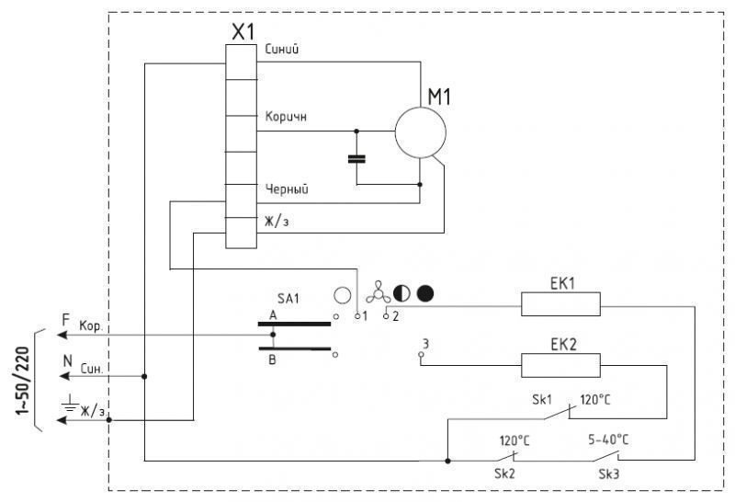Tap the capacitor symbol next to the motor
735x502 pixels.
(356, 159)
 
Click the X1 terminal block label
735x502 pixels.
(243, 32)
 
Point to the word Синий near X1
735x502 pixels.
(282, 49)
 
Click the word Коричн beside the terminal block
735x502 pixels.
(286, 117)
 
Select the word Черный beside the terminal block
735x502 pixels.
(287, 189)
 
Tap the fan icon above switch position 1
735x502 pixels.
(378, 292)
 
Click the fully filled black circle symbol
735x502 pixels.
(425, 293)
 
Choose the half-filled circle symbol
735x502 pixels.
(401, 293)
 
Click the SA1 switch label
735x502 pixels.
(288, 299)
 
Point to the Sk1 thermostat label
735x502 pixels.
(542, 400)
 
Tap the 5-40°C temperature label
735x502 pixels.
(608, 439)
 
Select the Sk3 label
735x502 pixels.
(609, 473)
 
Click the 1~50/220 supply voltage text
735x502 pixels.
(23, 381)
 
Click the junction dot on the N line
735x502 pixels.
(144, 376)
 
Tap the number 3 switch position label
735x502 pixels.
(425, 344)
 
